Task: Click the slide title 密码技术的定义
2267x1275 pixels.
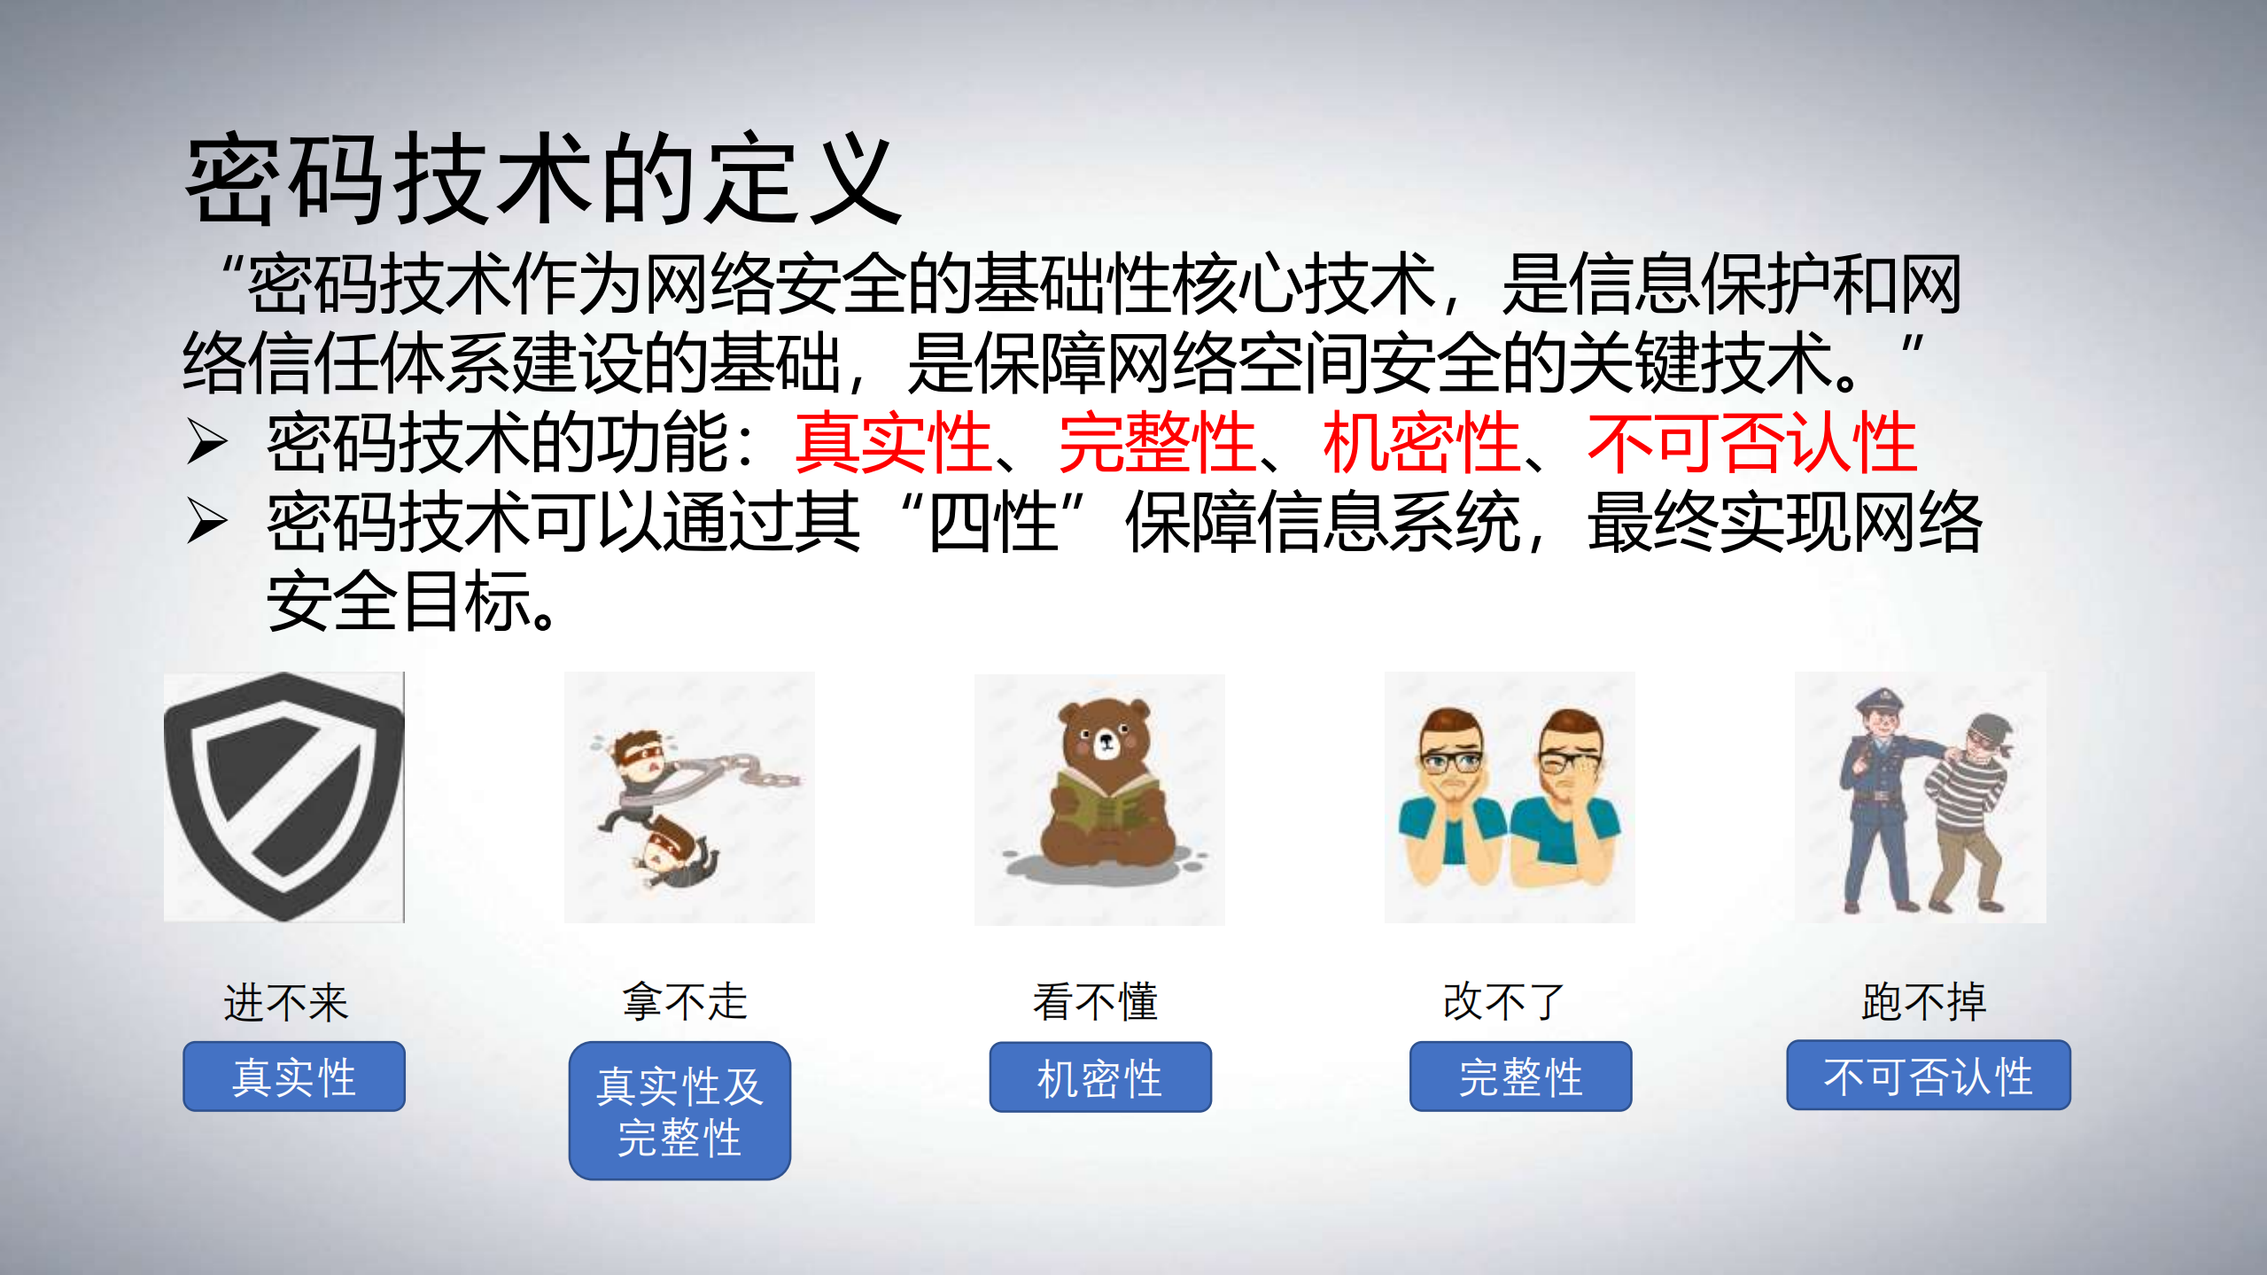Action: pyautogui.click(x=542, y=180)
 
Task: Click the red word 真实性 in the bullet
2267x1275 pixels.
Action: pyautogui.click(x=893, y=443)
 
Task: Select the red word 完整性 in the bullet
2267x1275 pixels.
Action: pyautogui.click(x=1157, y=443)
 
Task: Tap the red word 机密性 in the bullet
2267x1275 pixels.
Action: pyautogui.click(x=1421, y=443)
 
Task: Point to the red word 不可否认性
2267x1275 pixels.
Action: pyautogui.click(x=1751, y=443)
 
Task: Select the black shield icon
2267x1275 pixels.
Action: pyautogui.click(x=284, y=795)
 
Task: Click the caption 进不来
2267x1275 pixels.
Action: pyautogui.click(x=286, y=1003)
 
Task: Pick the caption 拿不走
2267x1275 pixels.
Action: pyautogui.click(x=685, y=1001)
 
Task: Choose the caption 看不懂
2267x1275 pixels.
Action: pyautogui.click(x=1096, y=1001)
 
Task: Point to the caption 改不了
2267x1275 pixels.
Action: pyautogui.click(x=1504, y=1001)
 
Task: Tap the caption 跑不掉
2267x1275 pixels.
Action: pyautogui.click(x=1924, y=1001)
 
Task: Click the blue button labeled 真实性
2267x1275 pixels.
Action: pyautogui.click(x=294, y=1077)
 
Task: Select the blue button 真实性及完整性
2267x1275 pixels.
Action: pyautogui.click(x=679, y=1110)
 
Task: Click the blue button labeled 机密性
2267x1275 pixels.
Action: pyautogui.click(x=1100, y=1077)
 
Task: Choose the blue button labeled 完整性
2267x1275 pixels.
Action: pyautogui.click(x=1520, y=1077)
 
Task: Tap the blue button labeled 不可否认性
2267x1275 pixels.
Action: pyautogui.click(x=1929, y=1076)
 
